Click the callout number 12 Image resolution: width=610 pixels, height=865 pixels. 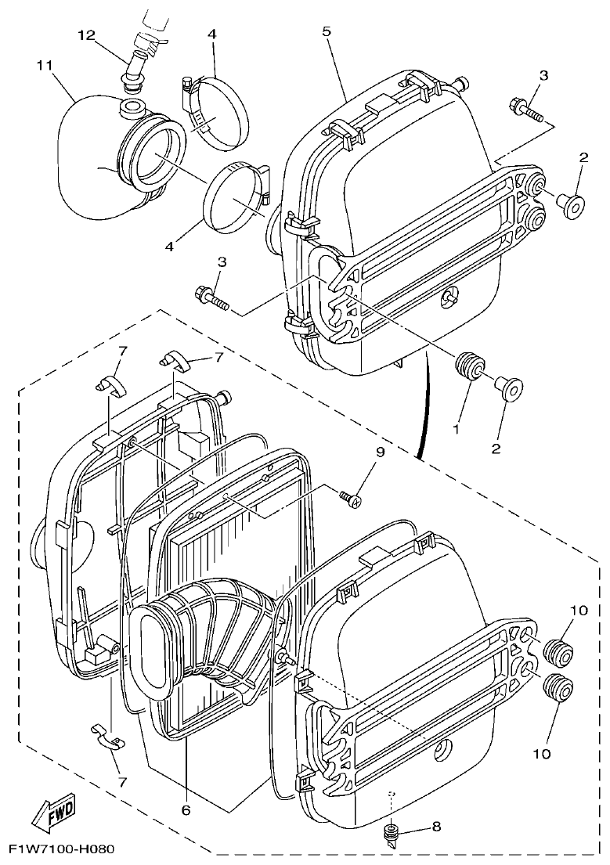point(86,34)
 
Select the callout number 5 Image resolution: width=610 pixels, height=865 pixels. point(327,31)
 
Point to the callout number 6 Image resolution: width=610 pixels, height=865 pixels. point(186,810)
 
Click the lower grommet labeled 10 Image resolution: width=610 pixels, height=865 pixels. point(556,686)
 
